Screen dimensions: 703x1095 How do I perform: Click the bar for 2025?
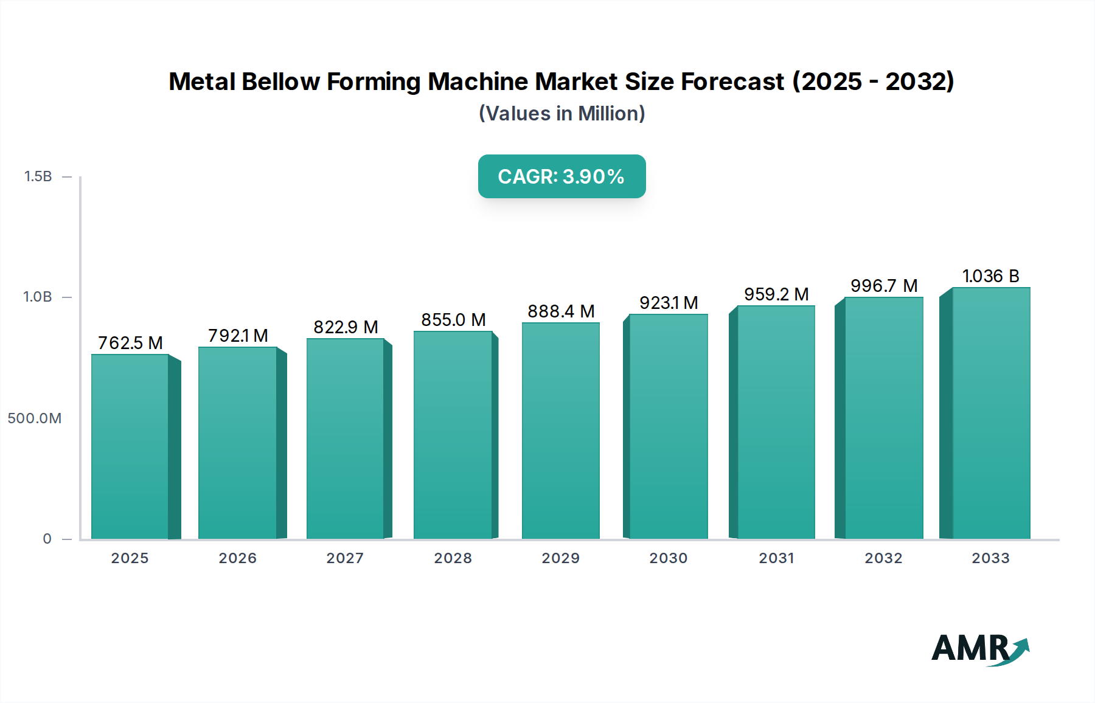click(130, 446)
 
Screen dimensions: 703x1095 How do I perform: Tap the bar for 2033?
click(991, 413)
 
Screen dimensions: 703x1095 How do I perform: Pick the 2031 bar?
click(776, 422)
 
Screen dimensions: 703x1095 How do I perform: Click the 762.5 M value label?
click(130, 343)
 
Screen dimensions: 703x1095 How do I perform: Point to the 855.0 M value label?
click(453, 320)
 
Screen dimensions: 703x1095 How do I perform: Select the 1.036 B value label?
click(990, 276)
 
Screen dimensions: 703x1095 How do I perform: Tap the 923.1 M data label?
click(669, 303)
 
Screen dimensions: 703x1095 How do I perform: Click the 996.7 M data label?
click(884, 286)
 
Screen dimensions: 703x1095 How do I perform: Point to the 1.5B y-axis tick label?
click(38, 176)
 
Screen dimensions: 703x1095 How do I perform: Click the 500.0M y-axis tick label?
click(35, 418)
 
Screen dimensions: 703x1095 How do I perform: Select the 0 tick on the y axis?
click(47, 539)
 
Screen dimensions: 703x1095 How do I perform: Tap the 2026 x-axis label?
click(238, 558)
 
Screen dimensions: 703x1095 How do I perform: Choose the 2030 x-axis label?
click(669, 558)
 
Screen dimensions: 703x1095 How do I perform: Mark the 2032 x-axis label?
click(884, 558)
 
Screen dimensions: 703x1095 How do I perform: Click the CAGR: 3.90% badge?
click(561, 176)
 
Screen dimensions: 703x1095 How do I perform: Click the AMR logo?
click(980, 648)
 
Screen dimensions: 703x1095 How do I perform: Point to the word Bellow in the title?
click(280, 81)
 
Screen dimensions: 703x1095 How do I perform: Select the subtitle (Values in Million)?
click(561, 114)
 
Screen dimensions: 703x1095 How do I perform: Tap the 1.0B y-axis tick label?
click(38, 297)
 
